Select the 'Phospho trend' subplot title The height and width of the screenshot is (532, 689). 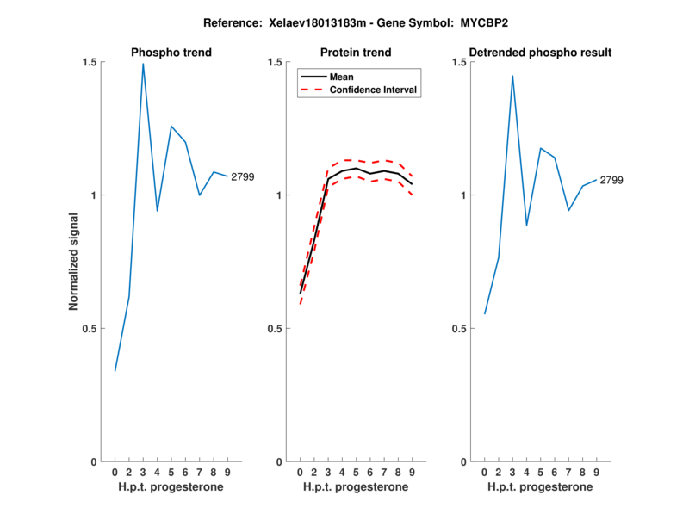pyautogui.click(x=171, y=53)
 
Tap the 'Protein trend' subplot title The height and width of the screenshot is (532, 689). pyautogui.click(x=356, y=53)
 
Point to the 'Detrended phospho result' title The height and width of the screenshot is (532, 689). pyautogui.click(x=540, y=53)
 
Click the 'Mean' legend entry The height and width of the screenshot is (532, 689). pyautogui.click(x=342, y=77)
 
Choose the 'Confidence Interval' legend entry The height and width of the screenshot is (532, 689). pyautogui.click(x=375, y=90)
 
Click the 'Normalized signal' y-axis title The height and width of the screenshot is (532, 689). pyautogui.click(x=74, y=262)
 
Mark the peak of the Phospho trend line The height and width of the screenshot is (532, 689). pyautogui.click(x=143, y=64)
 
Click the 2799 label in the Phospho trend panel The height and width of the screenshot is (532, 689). pyautogui.click(x=243, y=176)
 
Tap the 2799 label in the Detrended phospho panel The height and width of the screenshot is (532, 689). pyautogui.click(x=611, y=180)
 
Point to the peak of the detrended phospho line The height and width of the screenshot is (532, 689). pyautogui.click(x=512, y=76)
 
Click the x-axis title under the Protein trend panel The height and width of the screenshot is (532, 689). pyautogui.click(x=356, y=487)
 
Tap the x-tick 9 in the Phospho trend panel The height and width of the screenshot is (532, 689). pyautogui.click(x=227, y=473)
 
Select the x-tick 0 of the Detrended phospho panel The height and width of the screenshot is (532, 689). pyautogui.click(x=484, y=473)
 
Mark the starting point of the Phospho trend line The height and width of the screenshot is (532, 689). pyautogui.click(x=115, y=371)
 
